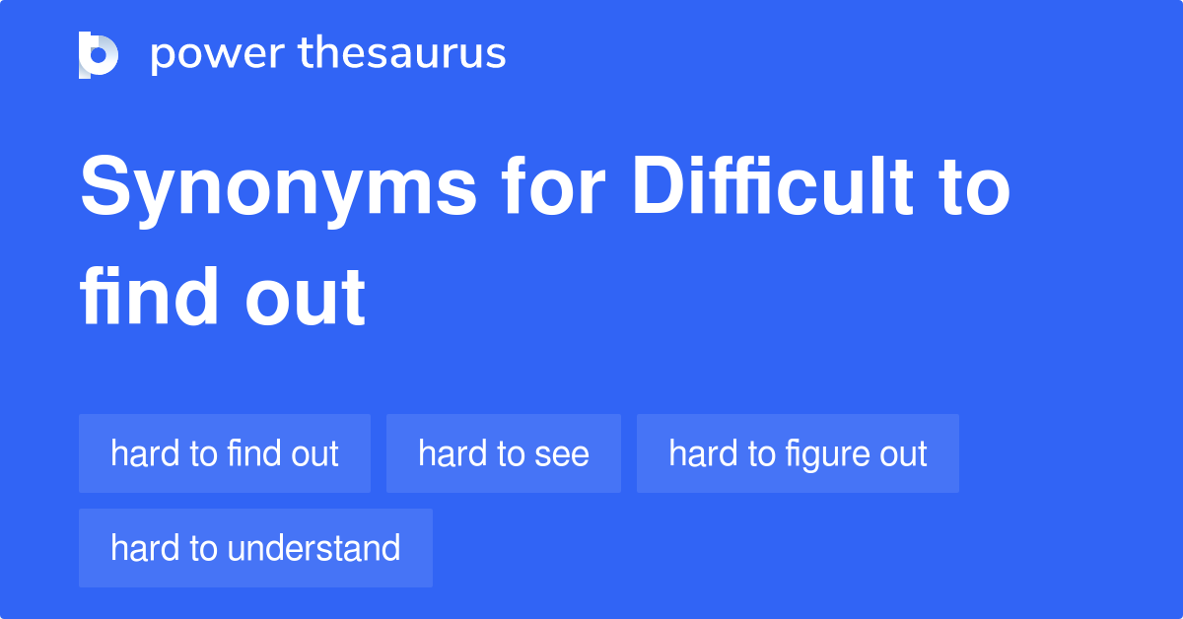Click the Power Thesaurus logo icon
[x=99, y=54]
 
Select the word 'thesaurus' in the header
[x=402, y=54]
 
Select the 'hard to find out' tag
[x=225, y=453]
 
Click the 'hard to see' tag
[x=503, y=453]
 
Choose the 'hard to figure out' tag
[x=798, y=453]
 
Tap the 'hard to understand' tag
[x=255, y=548]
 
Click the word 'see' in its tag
[x=561, y=454]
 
